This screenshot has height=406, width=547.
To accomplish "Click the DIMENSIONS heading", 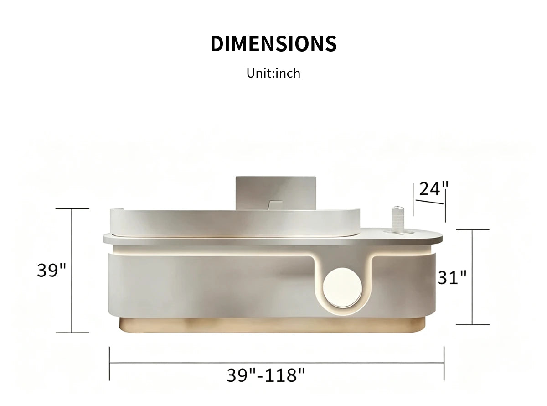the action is pos(273,44).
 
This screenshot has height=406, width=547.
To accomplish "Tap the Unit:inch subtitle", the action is pos(273,73).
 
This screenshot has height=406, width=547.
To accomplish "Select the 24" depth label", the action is pos(434,189).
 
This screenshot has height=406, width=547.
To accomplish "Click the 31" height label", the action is pos(452,278).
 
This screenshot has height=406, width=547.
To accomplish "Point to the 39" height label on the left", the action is pos(52,270).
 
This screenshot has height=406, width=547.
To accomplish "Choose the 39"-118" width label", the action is pos(266,375).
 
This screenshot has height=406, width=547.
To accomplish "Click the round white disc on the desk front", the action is pos(343,288).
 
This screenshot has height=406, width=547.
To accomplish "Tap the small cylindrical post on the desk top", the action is pos(397,219).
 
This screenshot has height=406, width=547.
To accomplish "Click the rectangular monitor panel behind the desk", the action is pos(276,193).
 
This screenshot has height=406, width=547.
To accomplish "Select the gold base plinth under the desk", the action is pos(272,325).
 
